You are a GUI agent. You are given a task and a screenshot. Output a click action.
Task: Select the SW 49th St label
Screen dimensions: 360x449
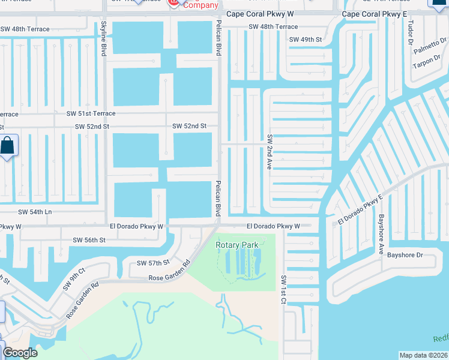306,40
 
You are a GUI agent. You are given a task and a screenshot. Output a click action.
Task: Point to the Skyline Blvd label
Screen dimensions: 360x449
103,39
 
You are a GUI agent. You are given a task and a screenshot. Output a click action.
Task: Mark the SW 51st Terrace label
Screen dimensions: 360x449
91,113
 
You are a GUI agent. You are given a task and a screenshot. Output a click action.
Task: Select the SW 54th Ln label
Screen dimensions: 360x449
35,212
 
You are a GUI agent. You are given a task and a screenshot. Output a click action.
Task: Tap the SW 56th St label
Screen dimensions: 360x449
89,240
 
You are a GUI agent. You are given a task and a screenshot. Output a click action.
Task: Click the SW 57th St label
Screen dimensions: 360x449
153,263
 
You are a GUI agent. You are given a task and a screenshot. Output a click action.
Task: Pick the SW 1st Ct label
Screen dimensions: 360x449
282,290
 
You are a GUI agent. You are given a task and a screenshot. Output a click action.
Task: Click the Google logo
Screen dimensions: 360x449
20,352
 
